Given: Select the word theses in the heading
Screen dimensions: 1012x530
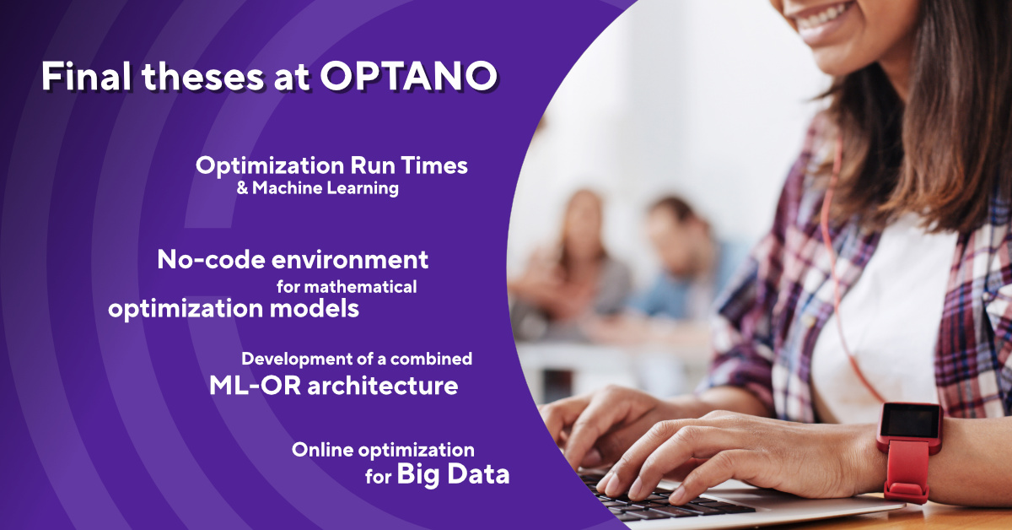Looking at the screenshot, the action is pyautogui.click(x=203, y=77).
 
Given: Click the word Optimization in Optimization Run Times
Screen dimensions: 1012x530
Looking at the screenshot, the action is pyautogui.click(x=270, y=166).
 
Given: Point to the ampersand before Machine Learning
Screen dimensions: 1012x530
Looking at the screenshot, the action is pyautogui.click(x=242, y=188).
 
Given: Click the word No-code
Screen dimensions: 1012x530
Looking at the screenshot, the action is pyautogui.click(x=211, y=260).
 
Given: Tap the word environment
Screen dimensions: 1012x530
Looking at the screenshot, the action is pyautogui.click(x=350, y=261).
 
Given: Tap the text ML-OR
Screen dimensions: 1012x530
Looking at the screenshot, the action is pyautogui.click(x=255, y=386).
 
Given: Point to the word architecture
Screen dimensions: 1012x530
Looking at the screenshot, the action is pyautogui.click(x=383, y=387).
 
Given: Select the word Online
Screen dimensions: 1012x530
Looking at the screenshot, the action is pyautogui.click(x=322, y=450).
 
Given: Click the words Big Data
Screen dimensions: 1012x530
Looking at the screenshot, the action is pyautogui.click(x=453, y=475).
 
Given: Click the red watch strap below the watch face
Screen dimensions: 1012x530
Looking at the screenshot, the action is pyautogui.click(x=907, y=470).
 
